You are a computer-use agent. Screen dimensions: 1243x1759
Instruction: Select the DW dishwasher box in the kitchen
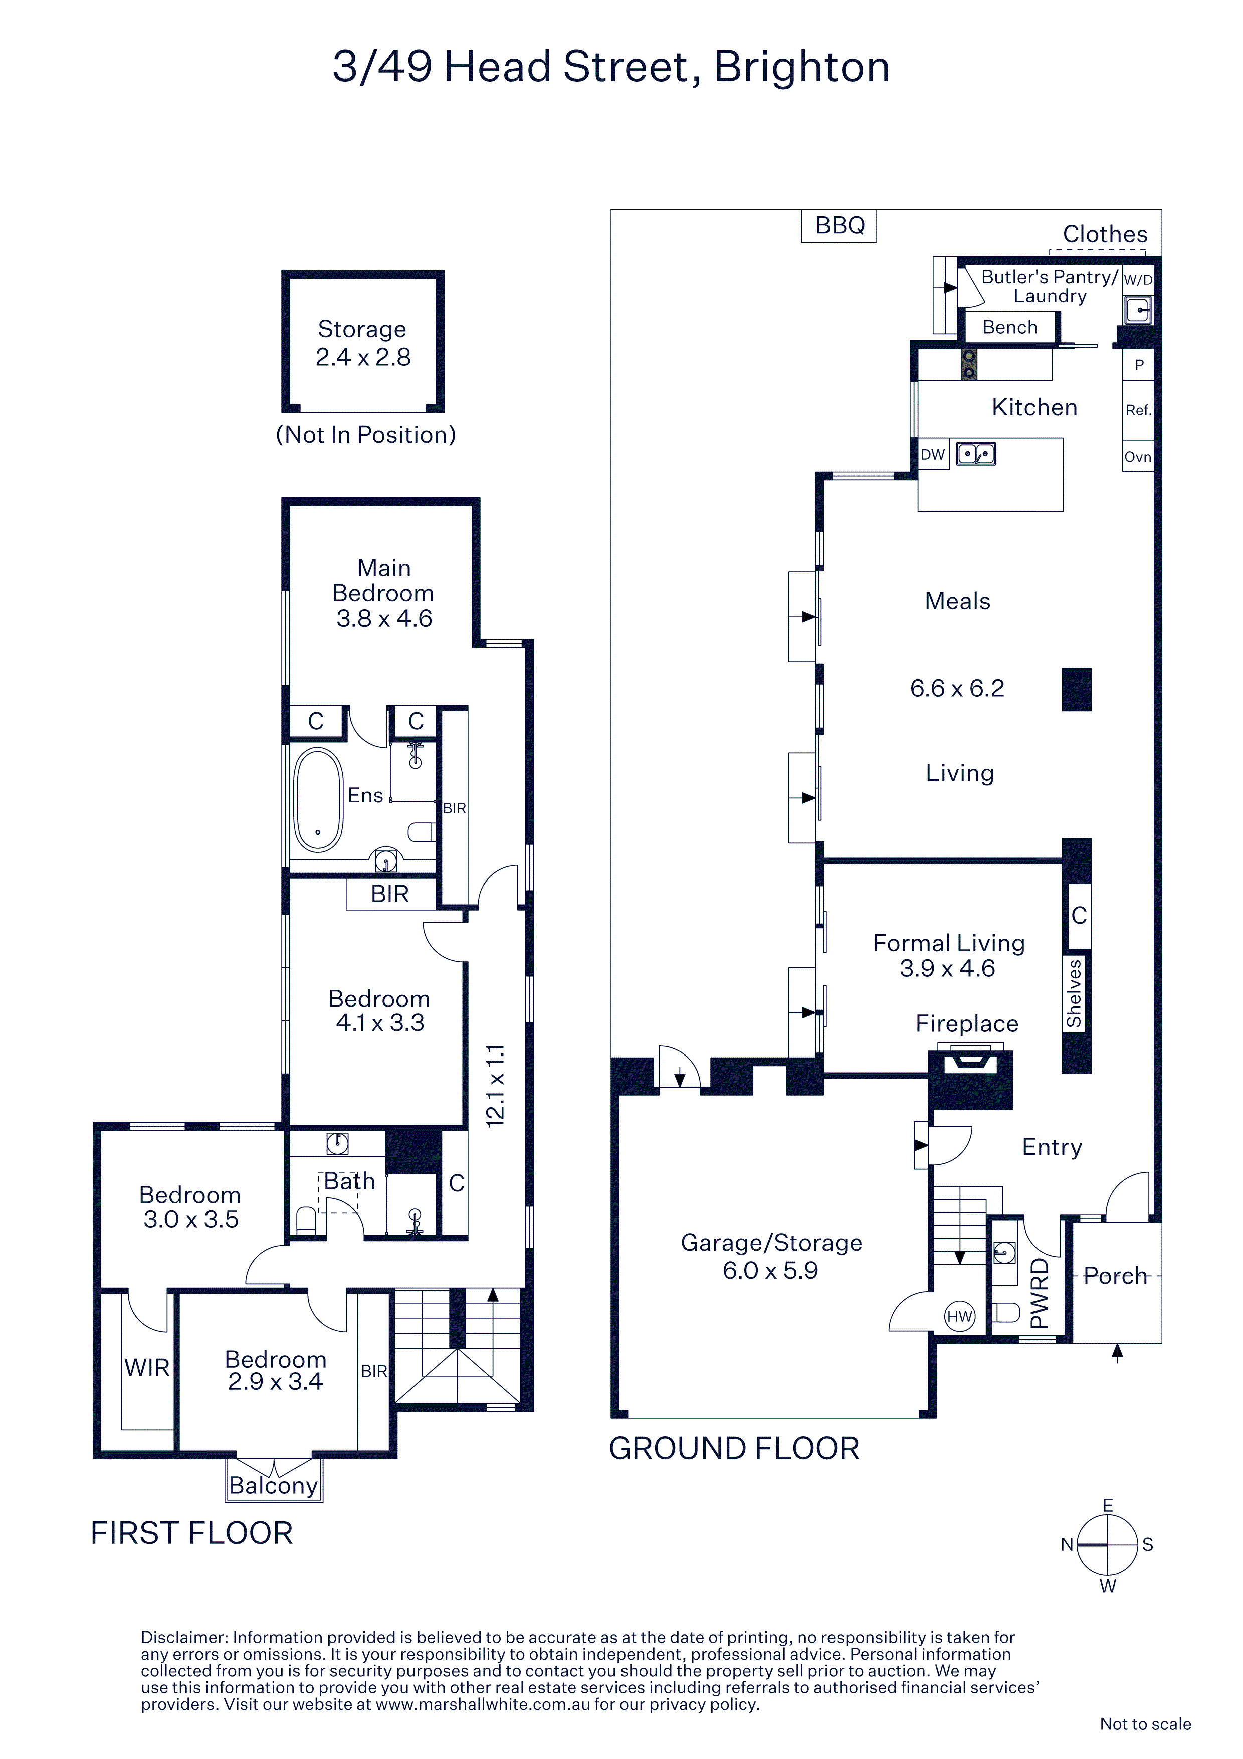pos(933,454)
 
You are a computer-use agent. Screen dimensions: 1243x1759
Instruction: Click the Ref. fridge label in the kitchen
pos(1138,410)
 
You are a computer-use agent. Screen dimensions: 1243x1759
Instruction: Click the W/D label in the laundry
pos(1138,280)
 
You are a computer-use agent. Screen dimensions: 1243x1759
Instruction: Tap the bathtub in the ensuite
pos(319,800)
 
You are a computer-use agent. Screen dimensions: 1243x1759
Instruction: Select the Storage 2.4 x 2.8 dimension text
pos(363,357)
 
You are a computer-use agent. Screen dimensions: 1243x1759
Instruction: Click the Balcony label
pos(274,1486)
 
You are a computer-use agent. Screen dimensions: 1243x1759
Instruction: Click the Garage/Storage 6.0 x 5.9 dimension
pos(770,1270)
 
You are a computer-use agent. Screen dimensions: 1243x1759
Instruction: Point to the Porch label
pos(1115,1276)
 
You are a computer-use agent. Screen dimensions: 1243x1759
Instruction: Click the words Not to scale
pos(1145,1724)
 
